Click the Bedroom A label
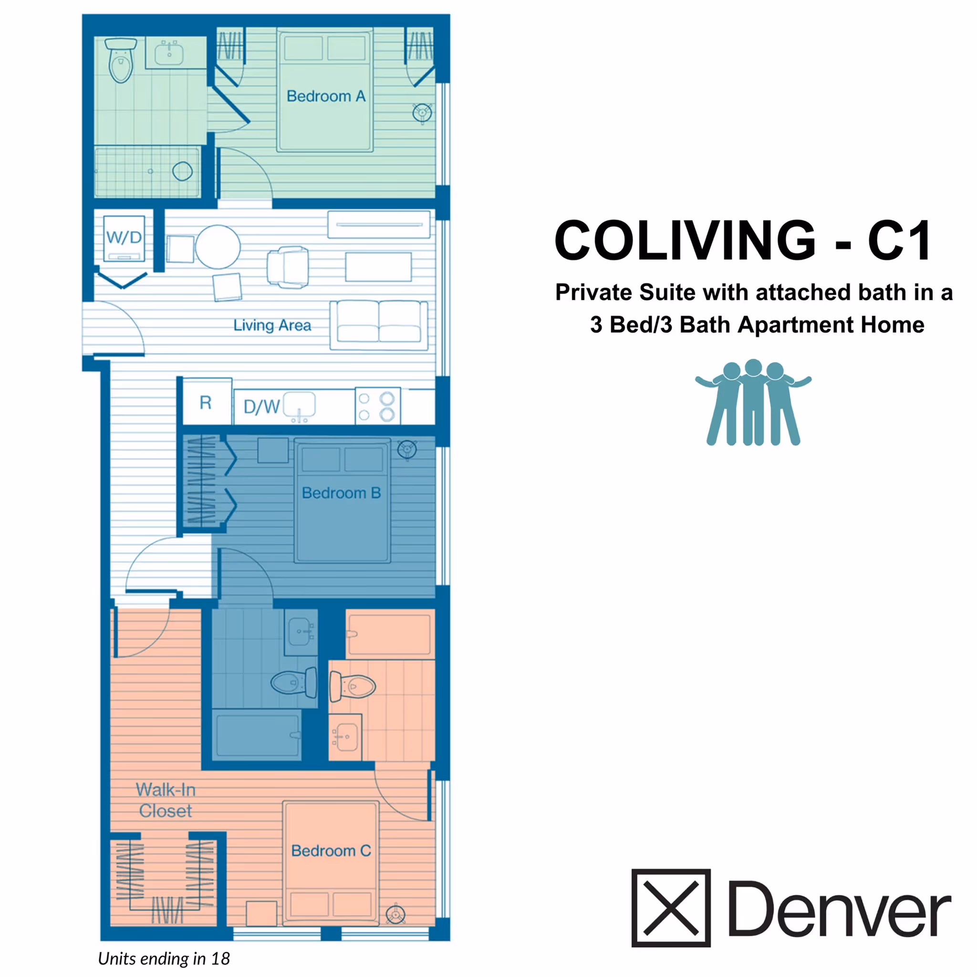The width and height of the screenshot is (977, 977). click(x=326, y=96)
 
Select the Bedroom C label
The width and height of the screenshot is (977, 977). click(x=331, y=851)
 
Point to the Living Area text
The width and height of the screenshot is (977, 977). click(x=272, y=325)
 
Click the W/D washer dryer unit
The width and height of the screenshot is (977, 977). click(x=124, y=238)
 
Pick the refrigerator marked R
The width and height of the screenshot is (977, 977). click(x=206, y=403)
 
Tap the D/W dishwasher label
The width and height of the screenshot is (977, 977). click(x=261, y=406)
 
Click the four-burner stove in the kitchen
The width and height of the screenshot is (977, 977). click(x=377, y=406)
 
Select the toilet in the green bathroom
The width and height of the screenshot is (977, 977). click(x=121, y=61)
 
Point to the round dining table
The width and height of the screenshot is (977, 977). click(x=218, y=247)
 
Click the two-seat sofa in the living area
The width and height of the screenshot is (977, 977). click(x=378, y=325)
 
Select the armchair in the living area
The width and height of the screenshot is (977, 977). click(x=288, y=267)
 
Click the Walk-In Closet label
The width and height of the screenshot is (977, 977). click(x=166, y=800)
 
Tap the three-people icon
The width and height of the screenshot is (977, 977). click(x=753, y=403)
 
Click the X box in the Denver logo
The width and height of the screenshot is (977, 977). click(x=671, y=908)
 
